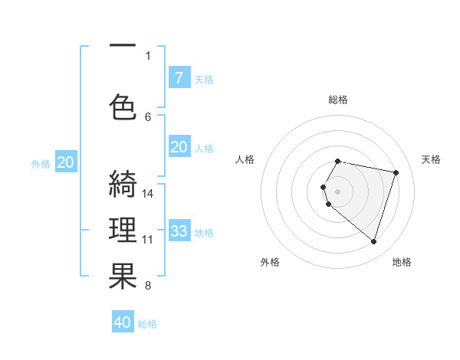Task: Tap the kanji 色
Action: click(x=123, y=106)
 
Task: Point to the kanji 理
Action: click(x=123, y=230)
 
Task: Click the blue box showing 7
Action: click(x=179, y=78)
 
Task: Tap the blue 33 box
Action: click(x=179, y=231)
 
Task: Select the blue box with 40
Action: click(x=123, y=322)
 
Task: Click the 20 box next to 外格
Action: click(x=66, y=162)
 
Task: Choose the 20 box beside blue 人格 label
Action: click(x=179, y=148)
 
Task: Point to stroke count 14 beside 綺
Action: click(x=148, y=193)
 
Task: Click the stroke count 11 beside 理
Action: click(x=148, y=240)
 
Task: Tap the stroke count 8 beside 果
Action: click(x=148, y=286)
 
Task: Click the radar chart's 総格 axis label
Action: click(x=338, y=100)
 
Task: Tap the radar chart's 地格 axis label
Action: click(x=402, y=262)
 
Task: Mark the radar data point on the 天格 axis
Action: click(x=396, y=172)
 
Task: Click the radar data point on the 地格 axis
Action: click(x=373, y=241)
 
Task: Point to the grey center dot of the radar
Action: click(x=337, y=190)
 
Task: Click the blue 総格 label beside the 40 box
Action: click(x=147, y=324)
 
